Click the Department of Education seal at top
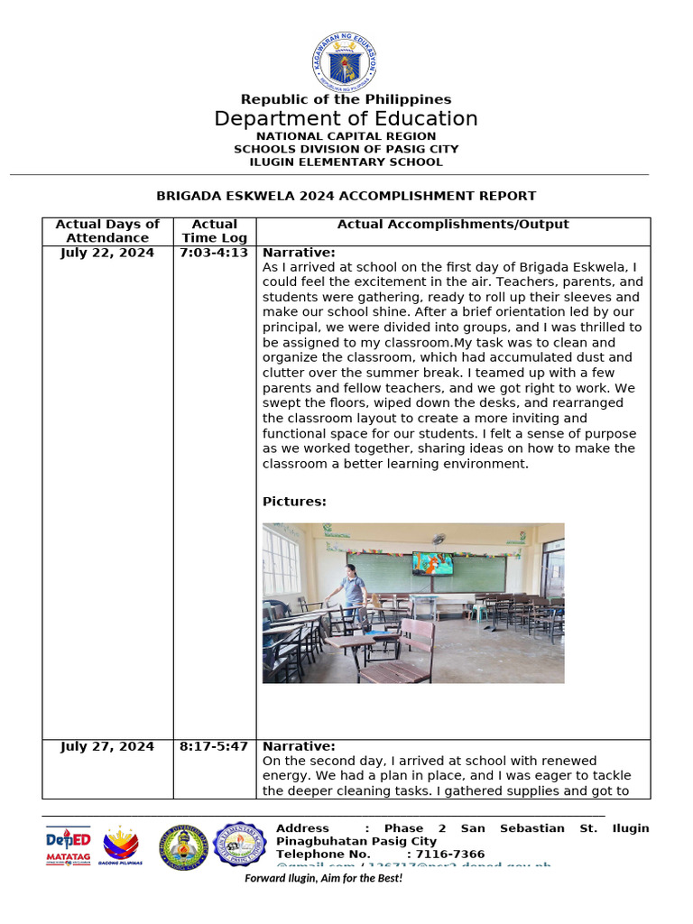pyautogui.click(x=346, y=61)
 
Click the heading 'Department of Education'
pyautogui.click(x=346, y=119)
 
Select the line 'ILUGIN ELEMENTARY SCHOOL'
pyautogui.click(x=346, y=162)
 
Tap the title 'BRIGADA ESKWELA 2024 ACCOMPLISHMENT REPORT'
pyautogui.click(x=346, y=196)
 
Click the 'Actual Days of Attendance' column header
pyautogui.click(x=107, y=231)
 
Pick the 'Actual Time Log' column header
pyautogui.click(x=215, y=231)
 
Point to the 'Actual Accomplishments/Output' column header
pyautogui.click(x=453, y=225)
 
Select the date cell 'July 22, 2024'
pyautogui.click(x=107, y=254)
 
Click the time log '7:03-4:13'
pyautogui.click(x=214, y=254)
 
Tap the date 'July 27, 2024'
pyautogui.click(x=107, y=747)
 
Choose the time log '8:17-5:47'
pyautogui.click(x=214, y=747)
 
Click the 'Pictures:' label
pyautogui.click(x=294, y=502)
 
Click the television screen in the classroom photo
pyautogui.click(x=432, y=564)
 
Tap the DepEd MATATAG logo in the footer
pyautogui.click(x=69, y=846)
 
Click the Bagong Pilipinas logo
pyautogui.click(x=123, y=846)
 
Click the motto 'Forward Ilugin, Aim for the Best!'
pyautogui.click(x=324, y=878)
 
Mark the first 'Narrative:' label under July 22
pyautogui.click(x=299, y=254)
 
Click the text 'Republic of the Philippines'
pyautogui.click(x=346, y=99)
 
